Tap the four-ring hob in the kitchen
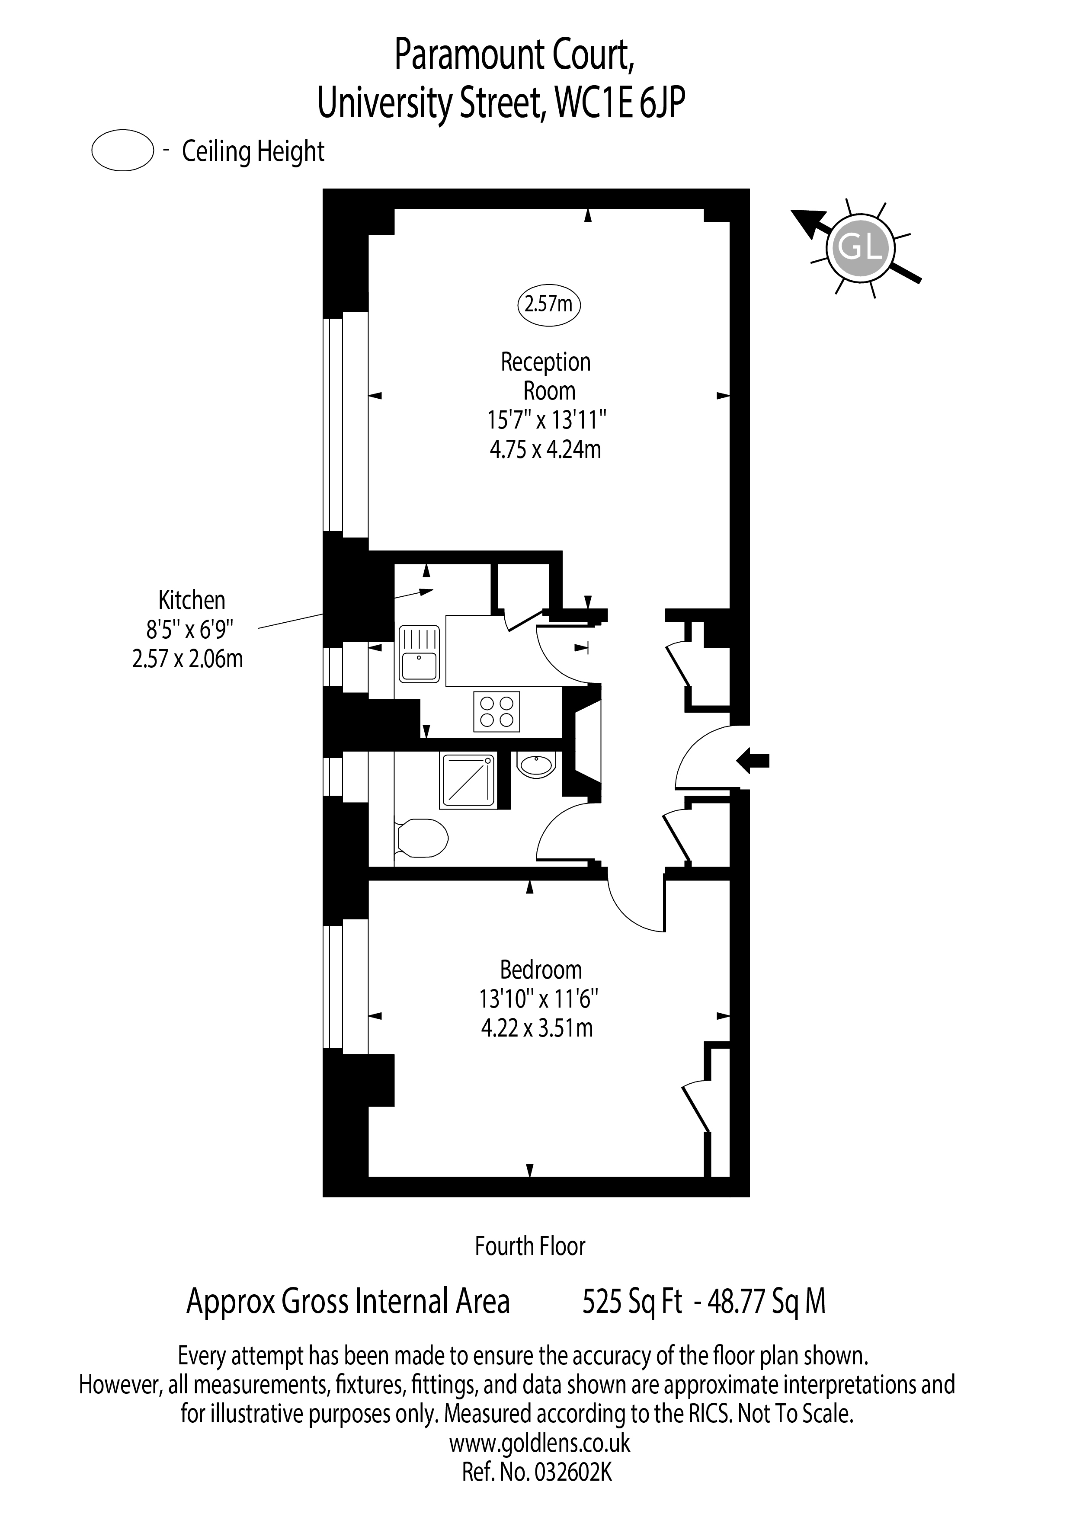[497, 712]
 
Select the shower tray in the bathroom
[467, 781]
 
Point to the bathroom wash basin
[536, 766]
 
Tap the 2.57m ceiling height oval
[548, 304]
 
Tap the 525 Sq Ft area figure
[631, 1302]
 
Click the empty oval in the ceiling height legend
[123, 151]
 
